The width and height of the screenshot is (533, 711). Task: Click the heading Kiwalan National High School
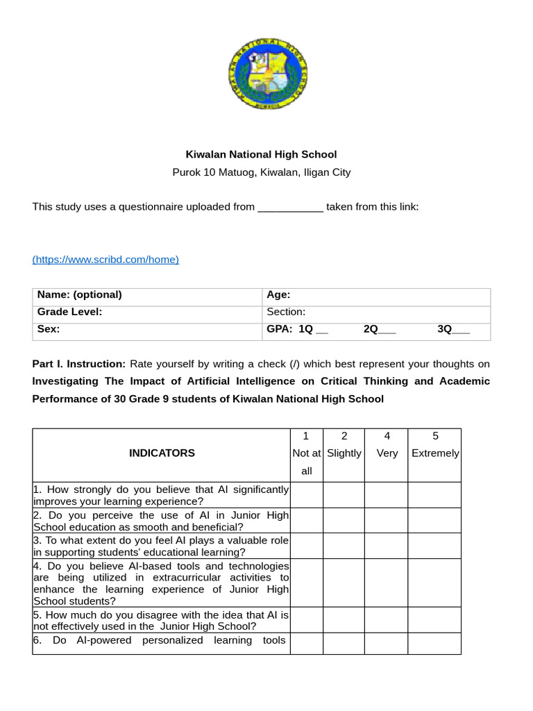261,154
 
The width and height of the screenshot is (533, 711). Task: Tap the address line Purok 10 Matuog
261,172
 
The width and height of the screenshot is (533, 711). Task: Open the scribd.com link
105,259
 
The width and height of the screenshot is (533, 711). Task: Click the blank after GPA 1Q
322,330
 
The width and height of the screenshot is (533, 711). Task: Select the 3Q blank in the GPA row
460,330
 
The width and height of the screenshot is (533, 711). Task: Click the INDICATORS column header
162,453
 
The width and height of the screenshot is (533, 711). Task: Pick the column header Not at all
306,453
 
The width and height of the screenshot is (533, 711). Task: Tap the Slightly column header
344,453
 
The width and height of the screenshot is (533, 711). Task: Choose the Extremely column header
435,453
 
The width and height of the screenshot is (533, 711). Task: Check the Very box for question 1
386,495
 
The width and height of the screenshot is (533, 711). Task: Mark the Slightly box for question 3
344,546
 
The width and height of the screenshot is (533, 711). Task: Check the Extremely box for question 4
434,583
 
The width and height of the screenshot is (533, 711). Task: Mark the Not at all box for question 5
306,620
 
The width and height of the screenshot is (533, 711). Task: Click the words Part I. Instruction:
79,364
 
